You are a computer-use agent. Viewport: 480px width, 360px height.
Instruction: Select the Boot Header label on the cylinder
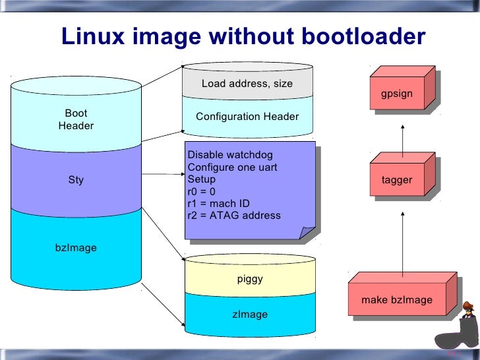(76, 119)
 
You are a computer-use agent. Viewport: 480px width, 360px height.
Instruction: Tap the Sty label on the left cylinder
(76, 179)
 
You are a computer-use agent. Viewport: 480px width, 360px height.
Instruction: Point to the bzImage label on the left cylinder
(76, 248)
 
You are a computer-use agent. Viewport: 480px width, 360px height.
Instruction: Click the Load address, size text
(247, 84)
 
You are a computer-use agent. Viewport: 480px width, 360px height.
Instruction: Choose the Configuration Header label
(247, 117)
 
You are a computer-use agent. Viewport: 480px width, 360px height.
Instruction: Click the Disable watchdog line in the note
(225, 155)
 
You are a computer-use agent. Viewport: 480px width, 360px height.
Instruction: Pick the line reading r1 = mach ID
(219, 203)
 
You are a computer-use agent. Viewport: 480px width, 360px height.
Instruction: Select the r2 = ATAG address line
(234, 215)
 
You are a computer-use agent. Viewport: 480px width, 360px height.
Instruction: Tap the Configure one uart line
(232, 167)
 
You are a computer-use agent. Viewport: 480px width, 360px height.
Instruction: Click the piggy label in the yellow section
(250, 279)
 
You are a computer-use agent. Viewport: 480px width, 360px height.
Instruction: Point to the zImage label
(250, 315)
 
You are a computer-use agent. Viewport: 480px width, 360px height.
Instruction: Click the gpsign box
(397, 94)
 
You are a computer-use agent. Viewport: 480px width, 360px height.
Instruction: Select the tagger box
(397, 180)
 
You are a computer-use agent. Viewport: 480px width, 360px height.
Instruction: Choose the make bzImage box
(397, 300)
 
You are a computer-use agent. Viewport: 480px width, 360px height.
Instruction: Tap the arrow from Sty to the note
(162, 175)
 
